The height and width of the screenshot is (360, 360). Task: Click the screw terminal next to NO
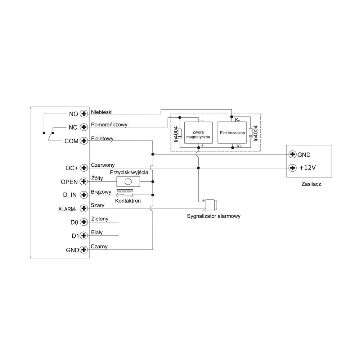[84, 114]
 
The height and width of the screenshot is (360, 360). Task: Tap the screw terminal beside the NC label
[84, 127]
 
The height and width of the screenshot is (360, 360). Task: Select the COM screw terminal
[84, 141]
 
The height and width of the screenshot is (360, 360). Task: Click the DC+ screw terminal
[84, 168]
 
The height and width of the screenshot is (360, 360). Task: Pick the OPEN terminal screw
[84, 181]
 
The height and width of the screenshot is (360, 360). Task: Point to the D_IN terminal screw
[84, 195]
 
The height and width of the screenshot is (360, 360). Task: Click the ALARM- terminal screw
[84, 208]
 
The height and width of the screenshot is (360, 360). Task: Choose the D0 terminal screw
[84, 222]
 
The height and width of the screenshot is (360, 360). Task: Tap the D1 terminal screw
[84, 235]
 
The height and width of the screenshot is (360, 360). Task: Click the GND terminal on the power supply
[293, 154]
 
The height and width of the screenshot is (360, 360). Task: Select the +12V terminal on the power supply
[293, 168]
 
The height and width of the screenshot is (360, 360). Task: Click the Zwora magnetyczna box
[198, 133]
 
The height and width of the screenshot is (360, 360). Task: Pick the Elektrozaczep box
[232, 133]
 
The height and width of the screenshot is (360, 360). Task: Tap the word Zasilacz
[311, 184]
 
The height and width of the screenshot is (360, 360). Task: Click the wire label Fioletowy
[102, 138]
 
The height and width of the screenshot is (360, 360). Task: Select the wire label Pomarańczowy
[109, 125]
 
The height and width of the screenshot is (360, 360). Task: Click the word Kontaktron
[127, 201]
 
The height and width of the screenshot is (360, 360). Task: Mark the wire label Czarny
[99, 246]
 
